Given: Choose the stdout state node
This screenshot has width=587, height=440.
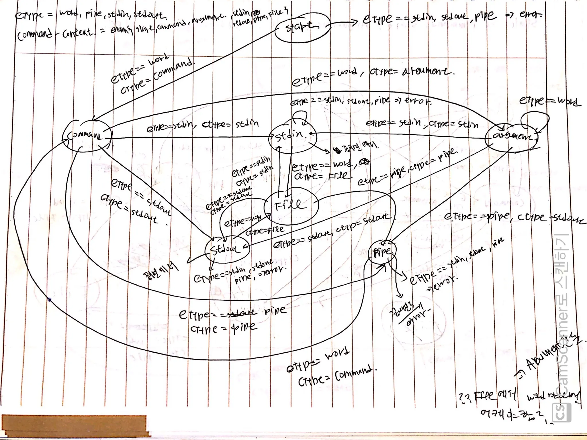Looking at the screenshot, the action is pyautogui.click(x=227, y=249).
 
